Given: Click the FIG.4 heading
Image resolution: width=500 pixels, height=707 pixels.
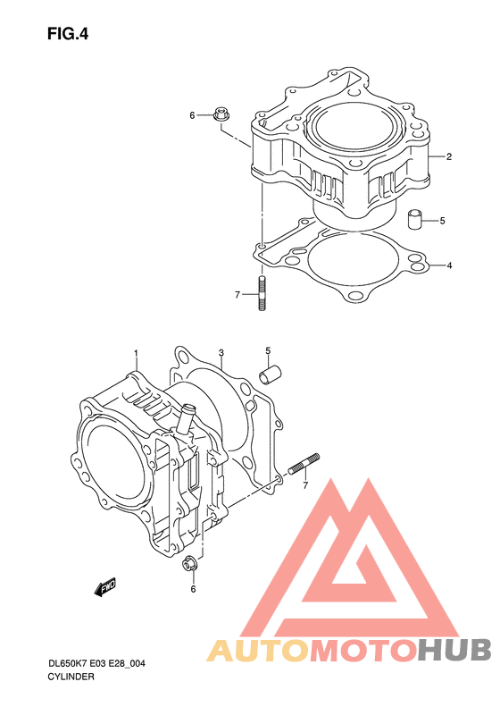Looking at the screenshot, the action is (68, 34).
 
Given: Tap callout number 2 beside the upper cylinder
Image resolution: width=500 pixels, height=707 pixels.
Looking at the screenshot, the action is (449, 157).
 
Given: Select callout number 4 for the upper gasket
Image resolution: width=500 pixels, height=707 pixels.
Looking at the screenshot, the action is (449, 265).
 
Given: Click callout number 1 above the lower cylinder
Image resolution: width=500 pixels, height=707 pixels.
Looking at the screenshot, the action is (136, 352).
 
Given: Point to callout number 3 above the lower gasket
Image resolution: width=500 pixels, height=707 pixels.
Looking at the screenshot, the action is (221, 352).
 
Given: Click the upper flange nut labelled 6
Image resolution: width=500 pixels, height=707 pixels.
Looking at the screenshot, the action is (221, 114).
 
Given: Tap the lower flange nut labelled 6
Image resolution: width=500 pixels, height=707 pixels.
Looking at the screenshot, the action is (189, 564).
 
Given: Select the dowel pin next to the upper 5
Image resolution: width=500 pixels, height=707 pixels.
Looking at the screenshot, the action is (415, 219).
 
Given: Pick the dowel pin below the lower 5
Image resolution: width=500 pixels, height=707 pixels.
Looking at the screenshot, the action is (270, 375).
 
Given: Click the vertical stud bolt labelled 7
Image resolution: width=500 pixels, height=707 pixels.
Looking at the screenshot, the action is (262, 293).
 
